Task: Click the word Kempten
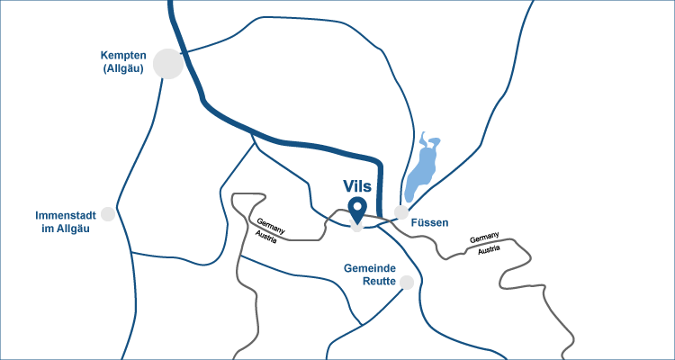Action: [124, 55]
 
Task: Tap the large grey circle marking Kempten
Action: [168, 63]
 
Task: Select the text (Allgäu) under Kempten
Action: [124, 68]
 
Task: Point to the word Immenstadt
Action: [65, 216]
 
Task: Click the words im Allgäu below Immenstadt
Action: [66, 229]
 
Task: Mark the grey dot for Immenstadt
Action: [108, 214]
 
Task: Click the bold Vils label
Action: [357, 185]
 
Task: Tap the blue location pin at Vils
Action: [357, 210]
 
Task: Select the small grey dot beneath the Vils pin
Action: [357, 228]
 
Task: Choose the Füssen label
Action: [429, 222]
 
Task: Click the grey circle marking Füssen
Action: [401, 211]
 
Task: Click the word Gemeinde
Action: [370, 268]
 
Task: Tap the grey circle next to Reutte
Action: [407, 283]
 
